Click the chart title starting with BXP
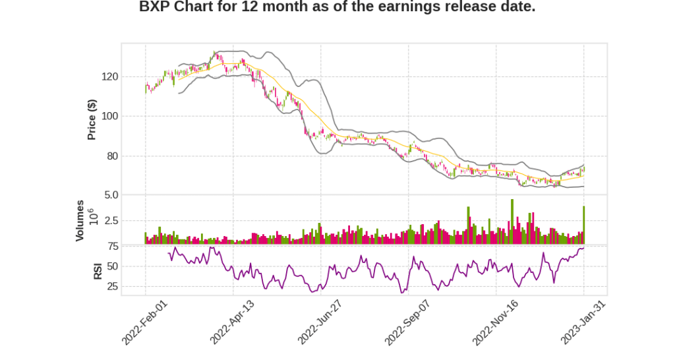[x=337, y=8]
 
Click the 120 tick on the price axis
[x=110, y=76]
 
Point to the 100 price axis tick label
[x=110, y=117]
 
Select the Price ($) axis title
[x=92, y=119]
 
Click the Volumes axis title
[x=80, y=220]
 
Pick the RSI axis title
[x=98, y=270]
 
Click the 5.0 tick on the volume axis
[x=111, y=195]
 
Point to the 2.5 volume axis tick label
[x=111, y=221]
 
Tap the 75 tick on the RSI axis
[x=113, y=247]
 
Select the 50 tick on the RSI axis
[x=113, y=266]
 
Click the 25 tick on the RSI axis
[x=113, y=287]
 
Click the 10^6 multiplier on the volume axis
[x=93, y=217]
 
